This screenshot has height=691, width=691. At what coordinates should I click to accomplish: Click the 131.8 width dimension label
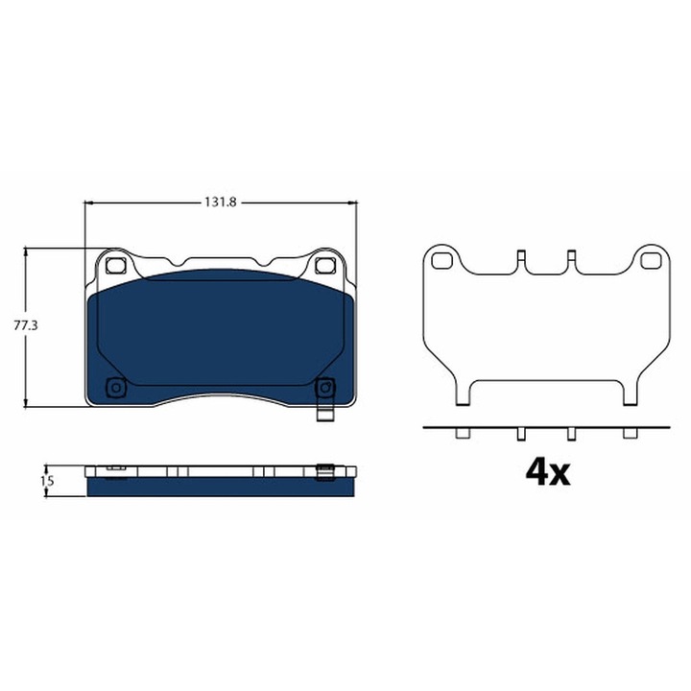pos(221,203)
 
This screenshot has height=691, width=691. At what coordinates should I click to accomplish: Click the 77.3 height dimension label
pos(26,325)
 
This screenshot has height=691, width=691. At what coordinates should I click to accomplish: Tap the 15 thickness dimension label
pos(47,481)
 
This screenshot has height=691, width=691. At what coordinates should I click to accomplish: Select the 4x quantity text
pos(548,472)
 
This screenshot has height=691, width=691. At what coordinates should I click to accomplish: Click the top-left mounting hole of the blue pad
pos(115,265)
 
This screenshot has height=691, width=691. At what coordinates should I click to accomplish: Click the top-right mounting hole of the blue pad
pos(325,265)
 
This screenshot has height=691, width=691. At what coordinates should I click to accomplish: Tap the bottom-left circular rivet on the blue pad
pos(116,388)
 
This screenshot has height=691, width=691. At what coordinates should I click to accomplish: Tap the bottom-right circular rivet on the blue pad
pos(325,388)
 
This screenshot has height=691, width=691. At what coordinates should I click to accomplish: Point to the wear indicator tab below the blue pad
pos(325,414)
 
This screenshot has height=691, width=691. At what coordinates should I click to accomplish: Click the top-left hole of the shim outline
pos(442,261)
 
